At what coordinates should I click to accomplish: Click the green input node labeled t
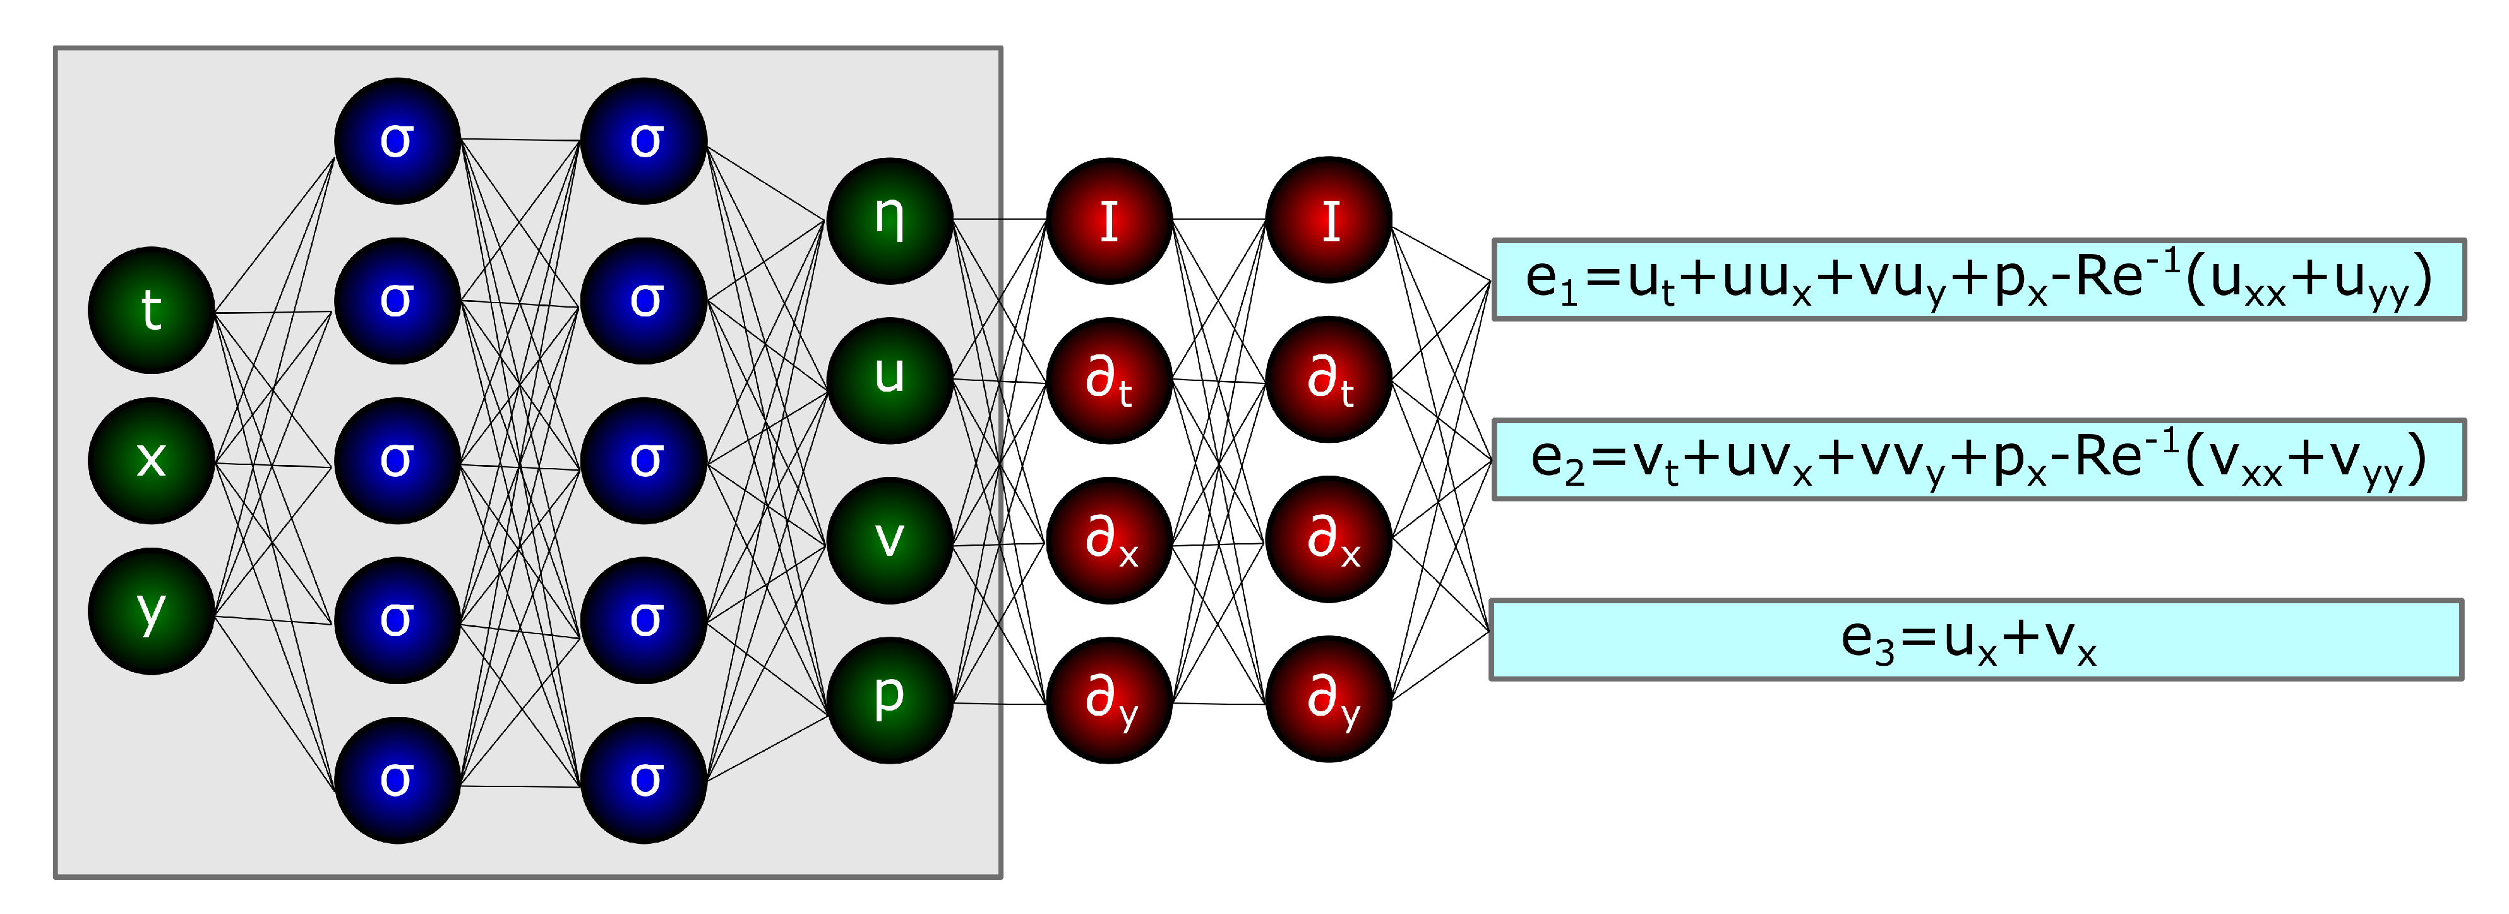point(151,310)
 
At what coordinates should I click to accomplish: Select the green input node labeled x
point(151,460)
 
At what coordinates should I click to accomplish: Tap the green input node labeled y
point(151,611)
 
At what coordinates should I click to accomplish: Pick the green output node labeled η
point(889,220)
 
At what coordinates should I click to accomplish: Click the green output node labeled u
point(889,380)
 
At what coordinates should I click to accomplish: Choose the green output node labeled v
point(889,540)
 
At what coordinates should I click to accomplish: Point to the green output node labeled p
point(889,700)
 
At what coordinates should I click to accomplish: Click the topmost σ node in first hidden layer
point(397,140)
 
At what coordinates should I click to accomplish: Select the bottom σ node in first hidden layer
point(397,779)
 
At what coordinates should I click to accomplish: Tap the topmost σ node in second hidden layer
point(644,140)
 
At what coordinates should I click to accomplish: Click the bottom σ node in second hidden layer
point(644,779)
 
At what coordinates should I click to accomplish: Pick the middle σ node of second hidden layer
point(644,460)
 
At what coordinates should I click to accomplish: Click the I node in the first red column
point(1108,220)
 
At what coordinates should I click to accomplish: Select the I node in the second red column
point(1329,220)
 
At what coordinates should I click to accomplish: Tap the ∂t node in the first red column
point(1108,380)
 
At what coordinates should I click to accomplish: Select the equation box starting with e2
point(1978,460)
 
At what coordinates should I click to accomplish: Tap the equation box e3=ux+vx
point(1976,639)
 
